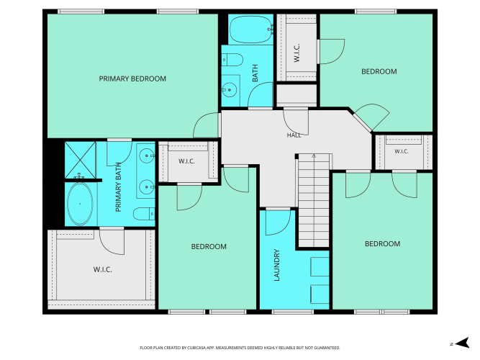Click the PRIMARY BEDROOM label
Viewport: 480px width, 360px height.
pos(132,78)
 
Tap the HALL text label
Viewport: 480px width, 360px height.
pos(294,135)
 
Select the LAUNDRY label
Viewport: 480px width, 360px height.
pos(277,265)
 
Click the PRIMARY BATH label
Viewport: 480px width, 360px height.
pos(119,187)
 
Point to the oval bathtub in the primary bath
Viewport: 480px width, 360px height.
pos(80,204)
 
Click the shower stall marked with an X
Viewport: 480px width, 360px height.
pos(80,160)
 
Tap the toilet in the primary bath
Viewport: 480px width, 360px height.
pos(144,214)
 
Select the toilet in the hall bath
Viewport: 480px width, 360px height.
pos(232,60)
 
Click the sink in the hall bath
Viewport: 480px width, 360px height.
pos(230,90)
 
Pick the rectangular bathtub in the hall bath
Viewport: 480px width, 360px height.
pos(251,30)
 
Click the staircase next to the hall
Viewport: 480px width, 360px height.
pos(314,201)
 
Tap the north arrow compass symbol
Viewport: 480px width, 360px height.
pos(462,343)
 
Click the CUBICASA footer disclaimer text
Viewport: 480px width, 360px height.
pos(240,348)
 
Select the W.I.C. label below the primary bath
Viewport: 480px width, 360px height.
pos(103,269)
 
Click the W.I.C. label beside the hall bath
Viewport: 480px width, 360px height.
pos(296,53)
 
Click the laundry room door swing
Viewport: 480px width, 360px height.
pos(278,222)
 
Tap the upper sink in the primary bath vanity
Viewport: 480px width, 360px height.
pos(147,156)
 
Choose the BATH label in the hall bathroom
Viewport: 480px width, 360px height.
pos(255,73)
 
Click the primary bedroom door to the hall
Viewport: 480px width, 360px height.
pos(207,125)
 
